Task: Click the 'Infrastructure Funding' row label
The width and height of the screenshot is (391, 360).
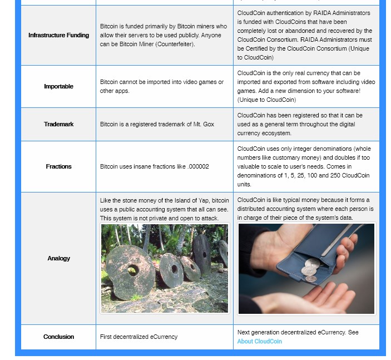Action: (x=58, y=35)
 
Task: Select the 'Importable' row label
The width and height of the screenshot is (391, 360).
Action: (x=58, y=86)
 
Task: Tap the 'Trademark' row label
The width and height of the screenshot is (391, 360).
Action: (x=58, y=124)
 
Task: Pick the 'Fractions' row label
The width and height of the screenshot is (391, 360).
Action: (x=58, y=166)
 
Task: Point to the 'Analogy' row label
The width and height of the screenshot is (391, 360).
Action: (x=58, y=258)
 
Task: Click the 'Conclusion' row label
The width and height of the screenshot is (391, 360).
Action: (x=58, y=337)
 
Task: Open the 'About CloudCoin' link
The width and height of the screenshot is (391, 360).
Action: (x=259, y=341)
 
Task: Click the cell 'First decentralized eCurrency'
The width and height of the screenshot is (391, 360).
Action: (x=138, y=337)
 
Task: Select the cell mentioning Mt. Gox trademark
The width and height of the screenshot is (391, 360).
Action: (x=157, y=124)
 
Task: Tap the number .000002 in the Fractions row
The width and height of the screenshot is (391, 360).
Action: (x=198, y=166)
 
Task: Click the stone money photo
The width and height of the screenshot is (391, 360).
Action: (x=165, y=268)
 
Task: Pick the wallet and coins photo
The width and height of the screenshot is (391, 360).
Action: (x=306, y=268)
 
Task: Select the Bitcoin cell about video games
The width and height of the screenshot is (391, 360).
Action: (x=161, y=86)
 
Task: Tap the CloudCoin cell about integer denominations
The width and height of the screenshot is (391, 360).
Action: (x=305, y=166)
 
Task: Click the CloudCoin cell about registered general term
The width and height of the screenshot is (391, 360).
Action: (x=300, y=124)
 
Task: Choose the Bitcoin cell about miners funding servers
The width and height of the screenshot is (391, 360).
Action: (x=163, y=35)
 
